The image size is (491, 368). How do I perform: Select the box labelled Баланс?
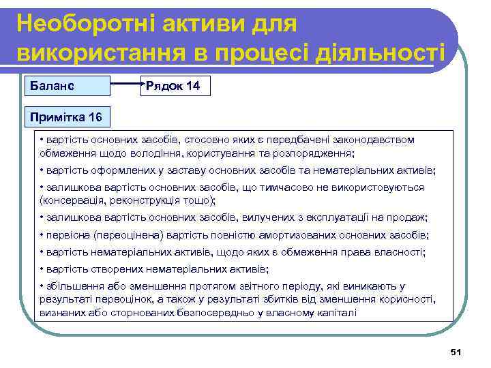[x=67, y=87]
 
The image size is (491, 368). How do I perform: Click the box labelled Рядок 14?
[x=175, y=87]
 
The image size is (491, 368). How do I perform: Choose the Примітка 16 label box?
[x=65, y=117]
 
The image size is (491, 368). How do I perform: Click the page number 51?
[x=456, y=352]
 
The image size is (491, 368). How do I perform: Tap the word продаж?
[x=406, y=217]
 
